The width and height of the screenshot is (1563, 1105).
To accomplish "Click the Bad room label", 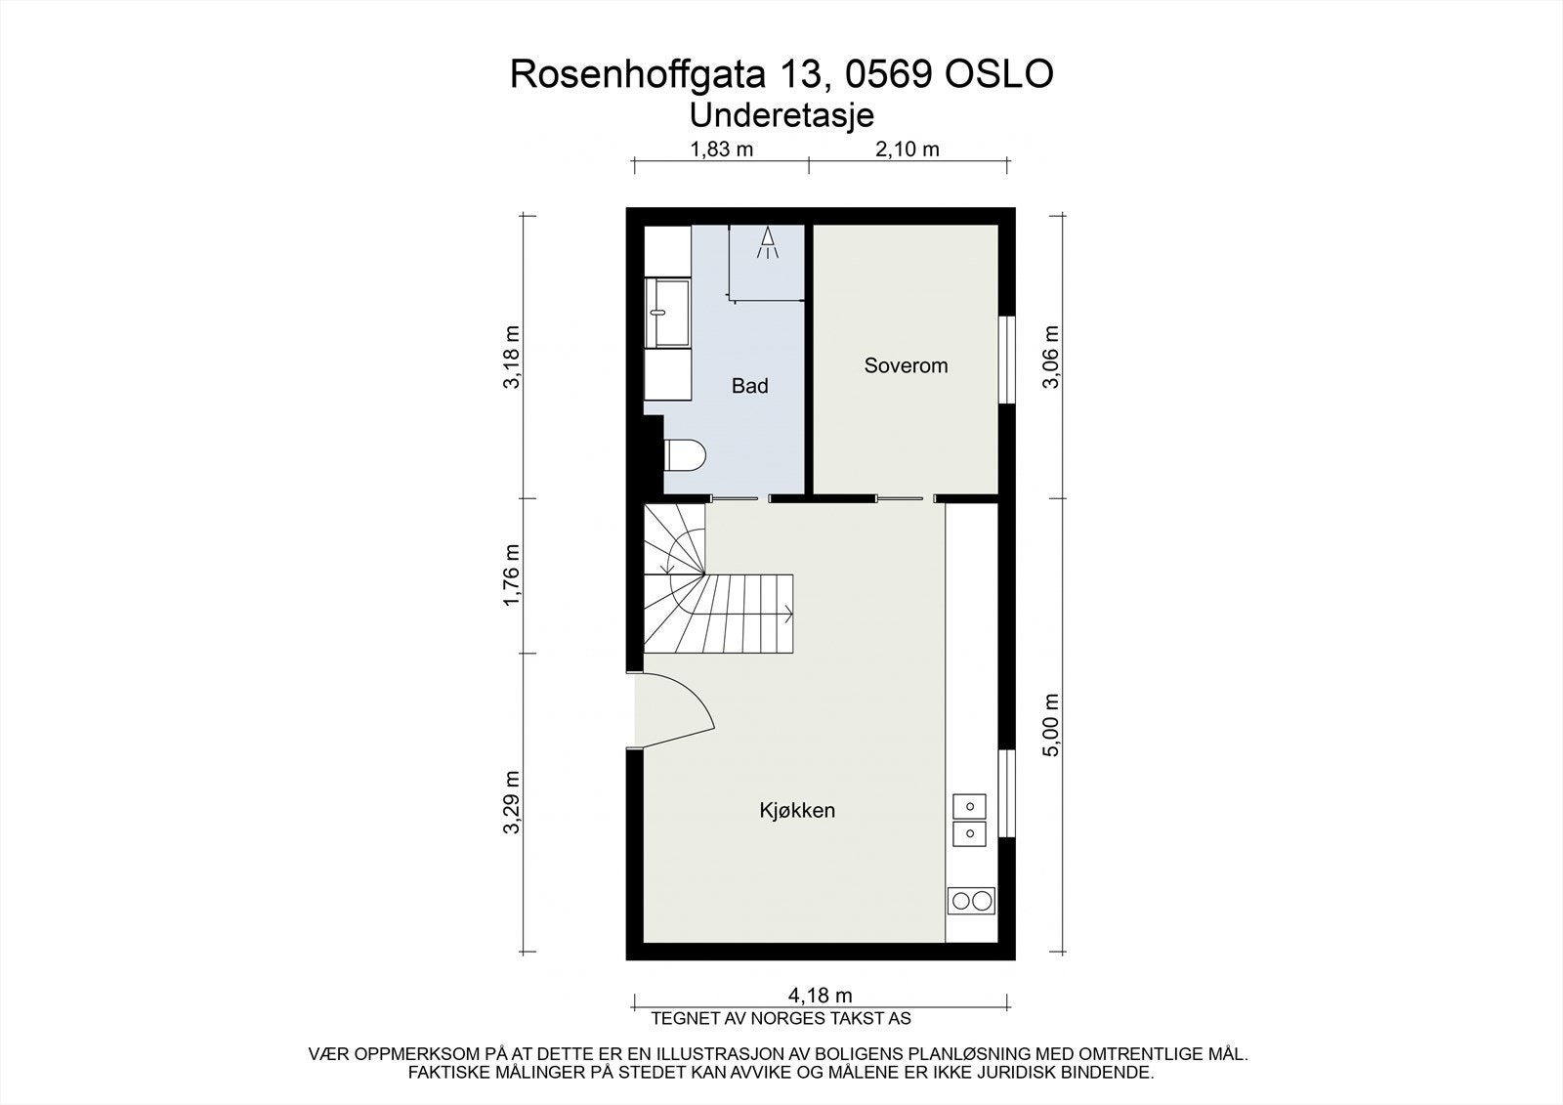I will coord(749,386).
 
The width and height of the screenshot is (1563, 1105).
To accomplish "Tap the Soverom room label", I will coord(906,365).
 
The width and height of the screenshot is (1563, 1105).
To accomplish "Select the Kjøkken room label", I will coord(797,810).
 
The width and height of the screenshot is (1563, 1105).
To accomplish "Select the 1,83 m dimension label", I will coord(722,149).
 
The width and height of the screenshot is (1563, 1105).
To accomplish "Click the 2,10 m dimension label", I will coord(908,149).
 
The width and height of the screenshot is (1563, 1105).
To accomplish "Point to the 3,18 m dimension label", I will coord(511,358).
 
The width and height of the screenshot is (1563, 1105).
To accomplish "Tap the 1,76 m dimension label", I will coord(511,574).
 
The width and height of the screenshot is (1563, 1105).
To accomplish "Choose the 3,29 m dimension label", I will coord(511,803).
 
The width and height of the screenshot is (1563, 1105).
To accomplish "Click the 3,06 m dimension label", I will coord(1051,358).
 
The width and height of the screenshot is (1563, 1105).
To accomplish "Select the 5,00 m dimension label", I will coord(1051,725).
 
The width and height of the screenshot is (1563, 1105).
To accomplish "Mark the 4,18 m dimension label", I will coord(821,996).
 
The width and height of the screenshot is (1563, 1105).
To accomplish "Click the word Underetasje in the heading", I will coord(781,114).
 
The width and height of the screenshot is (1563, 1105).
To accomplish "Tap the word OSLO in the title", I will coord(997,74).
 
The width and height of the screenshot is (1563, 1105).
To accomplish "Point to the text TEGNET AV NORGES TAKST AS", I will coord(781,1018).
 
